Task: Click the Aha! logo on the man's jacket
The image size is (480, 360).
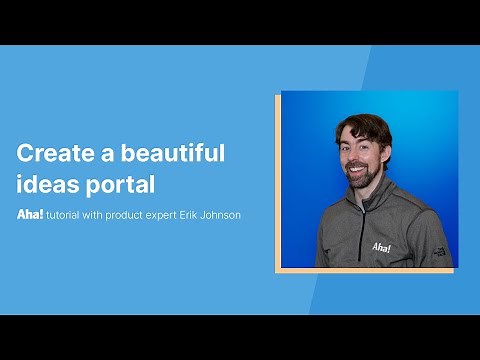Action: pyautogui.click(x=382, y=246)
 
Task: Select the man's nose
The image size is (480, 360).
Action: pyautogui.click(x=358, y=158)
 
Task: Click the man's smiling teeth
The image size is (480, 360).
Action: pyautogui.click(x=359, y=171)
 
